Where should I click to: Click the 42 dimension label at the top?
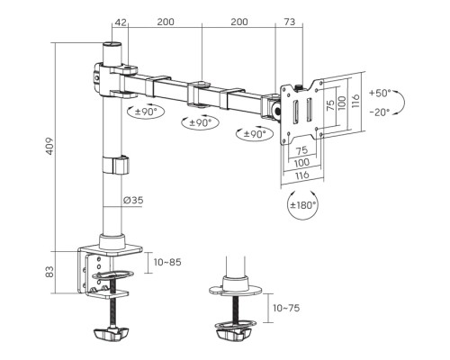click(x=121, y=22)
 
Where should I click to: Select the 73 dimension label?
click(x=290, y=22)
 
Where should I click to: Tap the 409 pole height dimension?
click(x=49, y=146)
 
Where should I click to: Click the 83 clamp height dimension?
click(x=49, y=272)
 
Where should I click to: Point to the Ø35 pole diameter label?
click(x=133, y=200)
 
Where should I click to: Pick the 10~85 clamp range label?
click(x=167, y=262)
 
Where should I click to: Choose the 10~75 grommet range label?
click(x=286, y=308)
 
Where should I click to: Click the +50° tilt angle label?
click(x=380, y=93)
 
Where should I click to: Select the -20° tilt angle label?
click(x=380, y=112)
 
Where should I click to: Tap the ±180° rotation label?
click(x=303, y=205)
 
